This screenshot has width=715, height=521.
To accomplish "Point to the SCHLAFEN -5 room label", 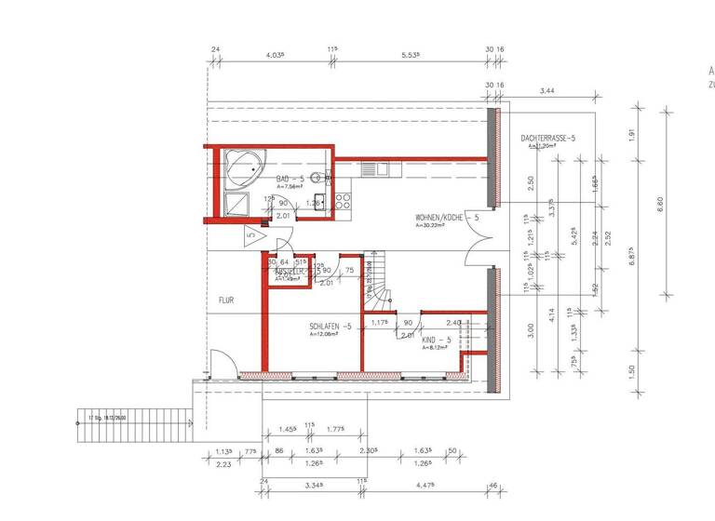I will (x=331, y=327).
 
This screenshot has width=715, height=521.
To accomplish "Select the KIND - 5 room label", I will (x=436, y=341).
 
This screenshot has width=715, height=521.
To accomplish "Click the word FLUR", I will (x=225, y=301).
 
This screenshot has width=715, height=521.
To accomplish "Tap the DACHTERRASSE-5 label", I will (x=549, y=138).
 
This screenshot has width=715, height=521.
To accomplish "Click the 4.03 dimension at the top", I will (x=274, y=56).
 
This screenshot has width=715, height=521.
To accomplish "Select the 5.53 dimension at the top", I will (x=410, y=56).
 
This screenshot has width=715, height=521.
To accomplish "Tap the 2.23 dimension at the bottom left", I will (x=223, y=464).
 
